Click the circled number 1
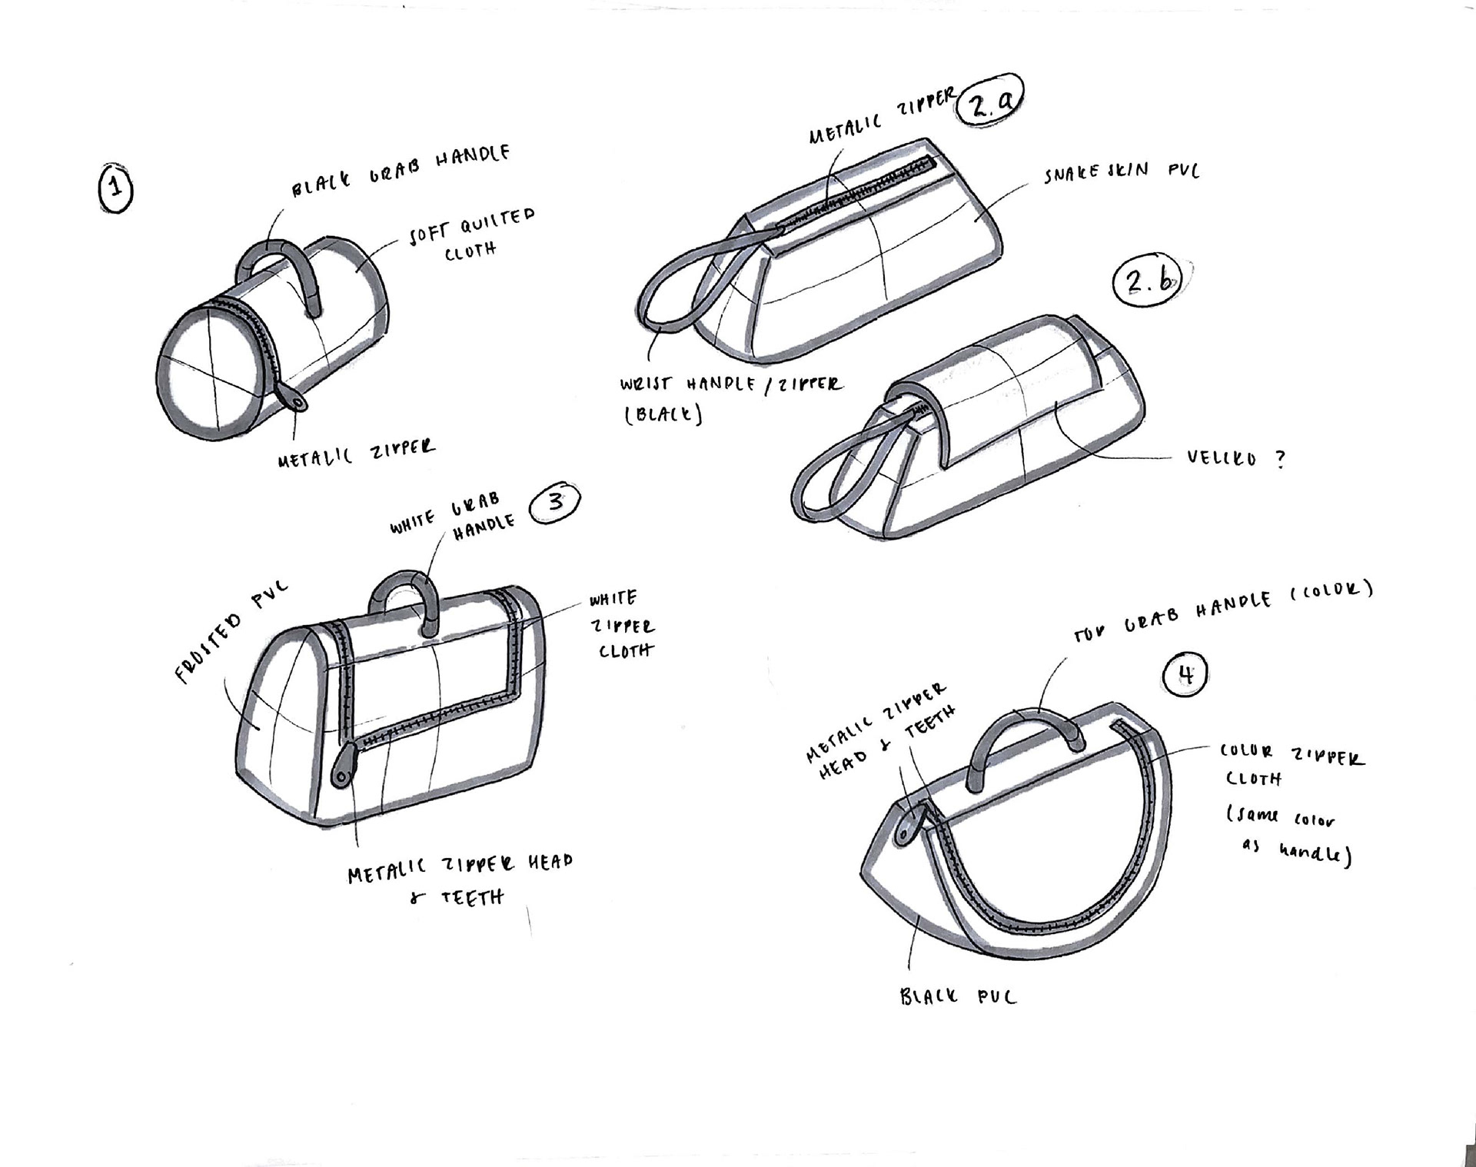[115, 188]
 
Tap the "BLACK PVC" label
[958, 997]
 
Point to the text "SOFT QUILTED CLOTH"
[470, 234]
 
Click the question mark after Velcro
[1279, 459]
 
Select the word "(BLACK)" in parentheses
[663, 415]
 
